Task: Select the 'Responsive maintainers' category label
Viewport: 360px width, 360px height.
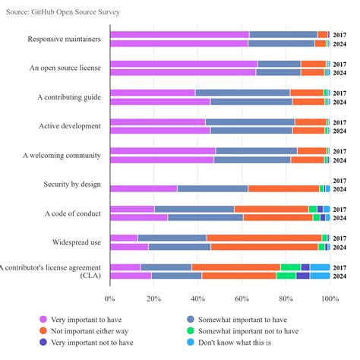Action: [x=65, y=39]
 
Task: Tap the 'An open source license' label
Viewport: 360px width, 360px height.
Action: [x=66, y=68]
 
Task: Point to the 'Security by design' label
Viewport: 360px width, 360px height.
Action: [x=73, y=184]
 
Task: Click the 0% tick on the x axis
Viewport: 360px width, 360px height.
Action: [x=110, y=298]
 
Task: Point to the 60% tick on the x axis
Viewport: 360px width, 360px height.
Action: [x=242, y=298]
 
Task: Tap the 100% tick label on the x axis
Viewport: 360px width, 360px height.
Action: [x=329, y=298]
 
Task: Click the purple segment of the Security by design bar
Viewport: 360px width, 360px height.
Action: [x=144, y=188]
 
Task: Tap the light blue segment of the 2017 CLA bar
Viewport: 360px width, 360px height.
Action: [x=320, y=267]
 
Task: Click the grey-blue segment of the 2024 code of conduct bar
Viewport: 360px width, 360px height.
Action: [x=205, y=217]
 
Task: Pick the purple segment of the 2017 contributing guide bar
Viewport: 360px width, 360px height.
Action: [x=153, y=93]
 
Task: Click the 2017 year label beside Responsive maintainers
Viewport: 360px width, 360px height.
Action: [x=340, y=35]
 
